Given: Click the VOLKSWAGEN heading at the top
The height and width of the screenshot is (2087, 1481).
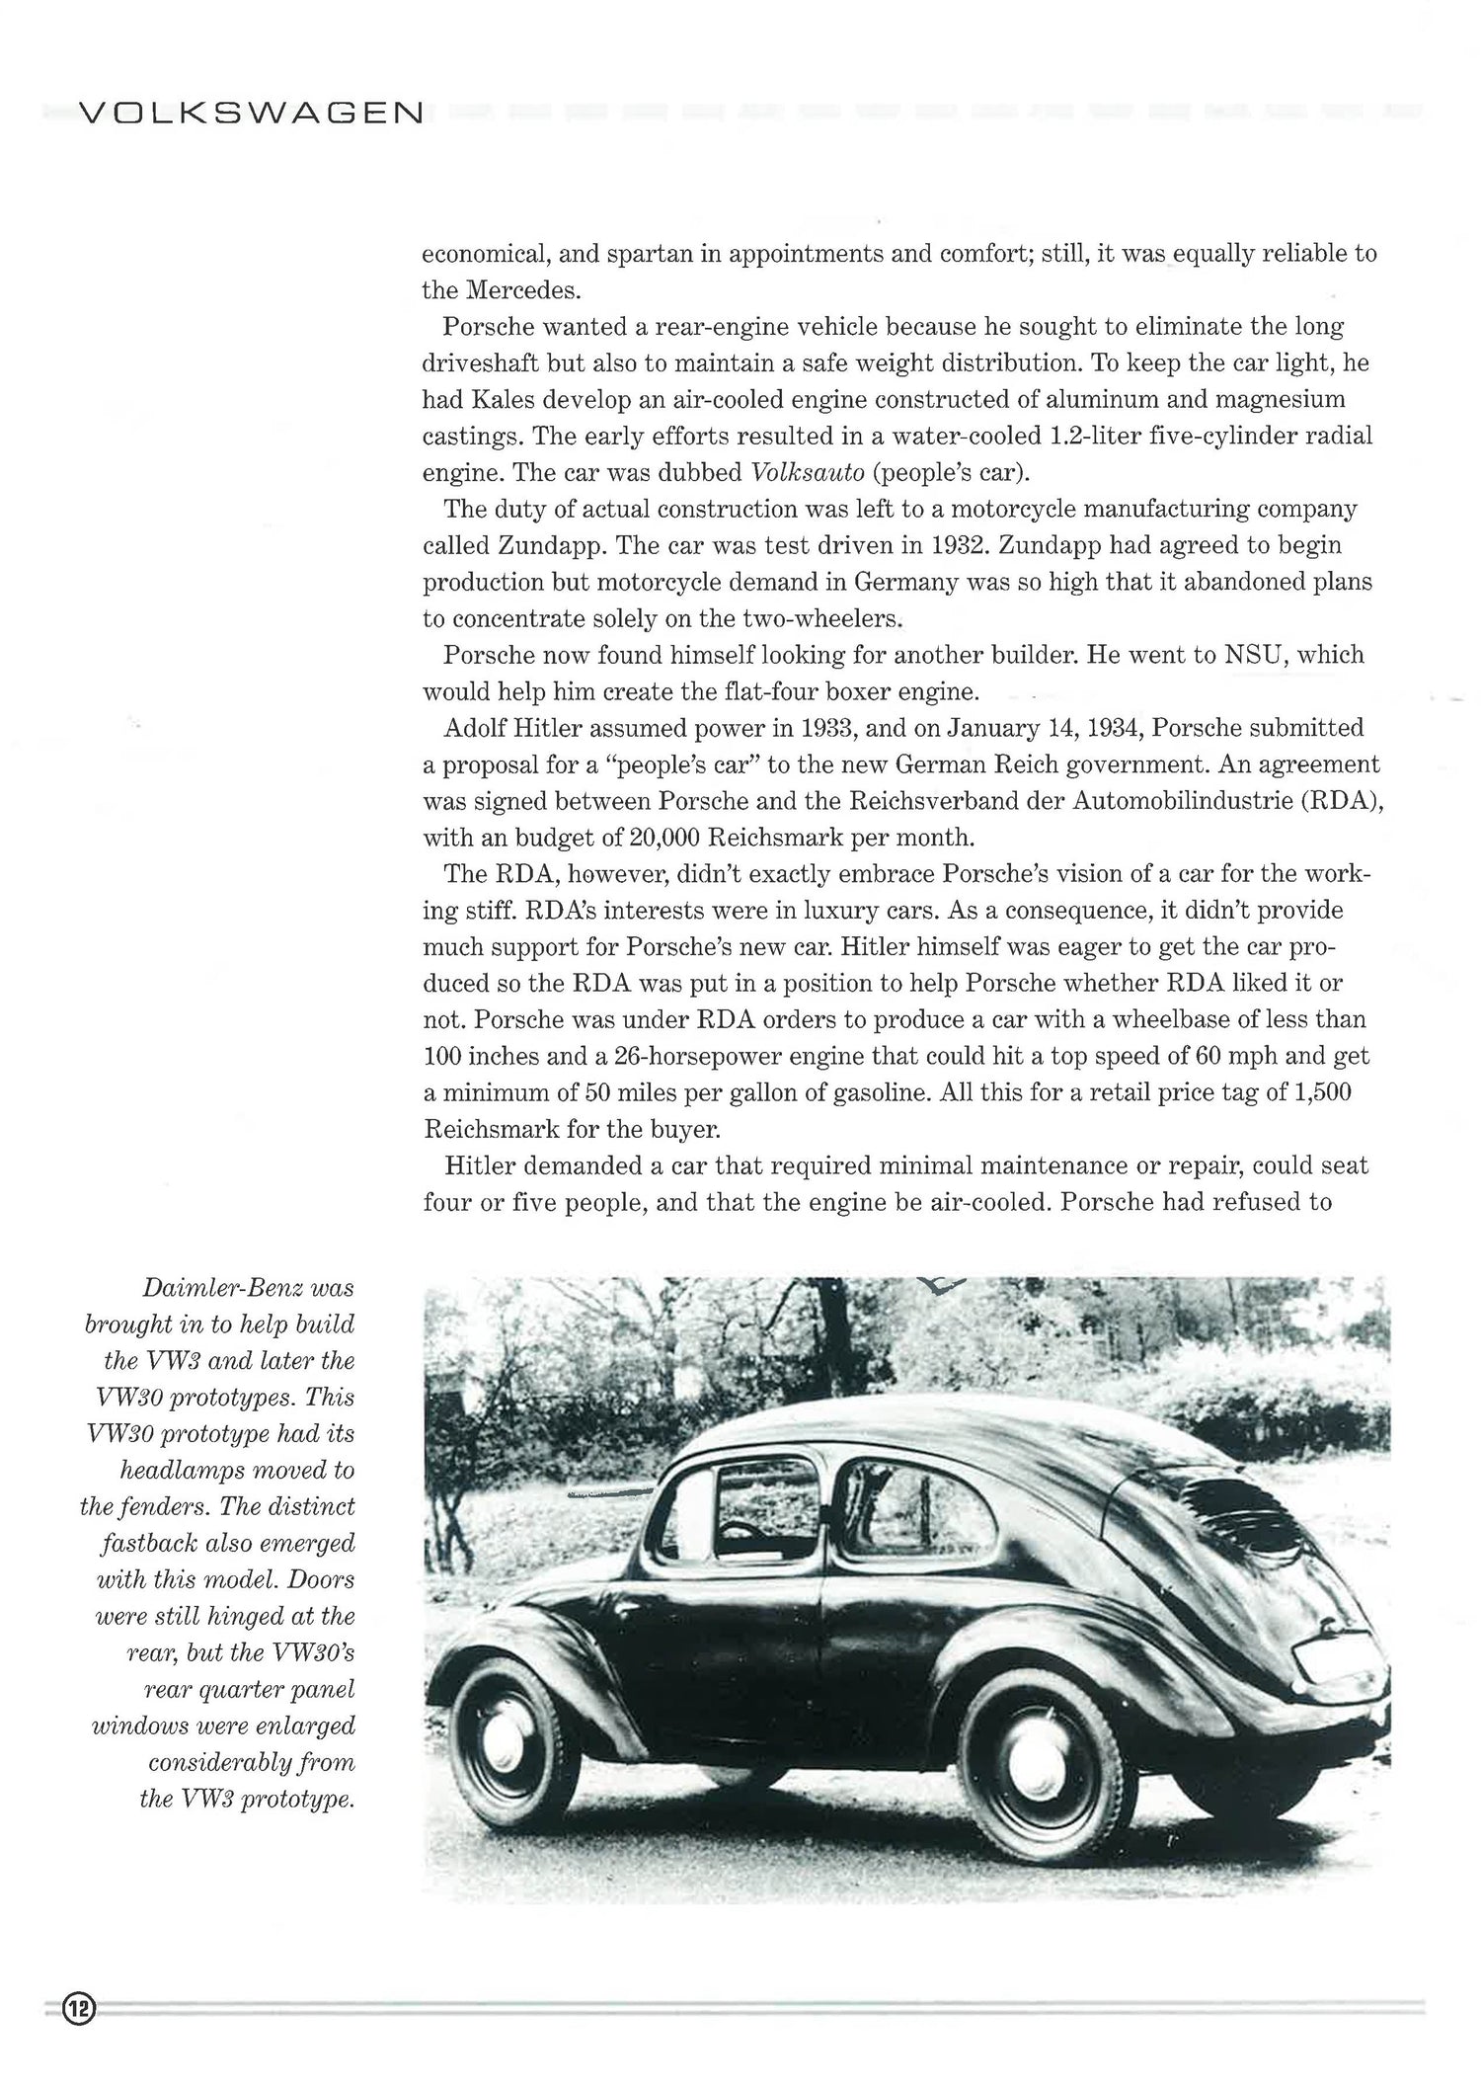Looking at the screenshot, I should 250,114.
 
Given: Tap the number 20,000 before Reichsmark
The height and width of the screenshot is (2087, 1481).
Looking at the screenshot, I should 664,838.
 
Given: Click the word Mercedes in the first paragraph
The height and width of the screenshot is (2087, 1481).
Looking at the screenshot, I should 520,290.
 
